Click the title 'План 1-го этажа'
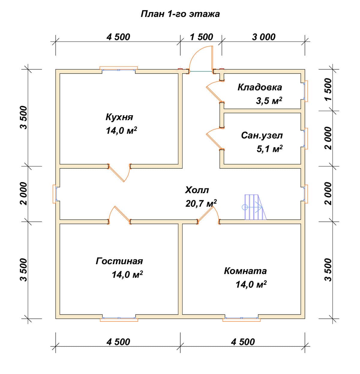pyautogui.click(x=180, y=14)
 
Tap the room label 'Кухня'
pyautogui.click(x=119, y=117)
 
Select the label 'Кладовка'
pyautogui.click(x=260, y=87)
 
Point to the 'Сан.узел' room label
pyautogui.click(x=262, y=135)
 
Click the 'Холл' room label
pyautogui.click(x=197, y=190)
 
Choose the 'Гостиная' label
pyautogui.click(x=119, y=261)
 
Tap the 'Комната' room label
pyautogui.click(x=245, y=271)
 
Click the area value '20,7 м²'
pyautogui.click(x=201, y=203)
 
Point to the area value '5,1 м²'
pyautogui.click(x=270, y=149)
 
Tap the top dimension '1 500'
pyautogui.click(x=202, y=37)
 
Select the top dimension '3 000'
pyautogui.click(x=264, y=37)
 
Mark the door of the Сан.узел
pyautogui.click(x=215, y=138)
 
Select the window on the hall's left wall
pyautogui.click(x=55, y=194)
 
